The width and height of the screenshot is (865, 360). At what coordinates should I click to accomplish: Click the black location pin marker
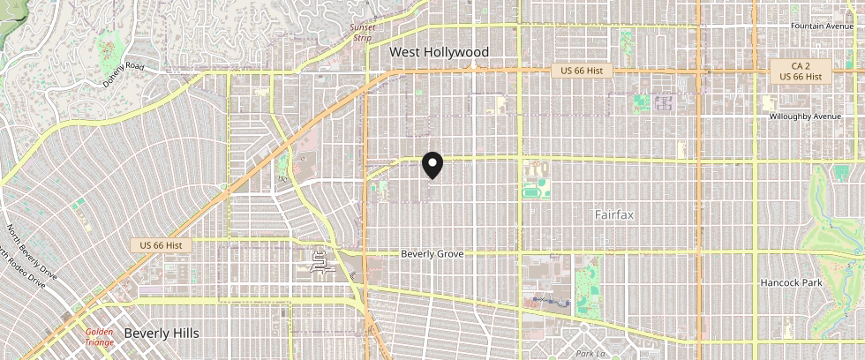tap(432, 166)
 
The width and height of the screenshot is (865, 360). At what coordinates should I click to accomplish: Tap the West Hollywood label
tap(440, 53)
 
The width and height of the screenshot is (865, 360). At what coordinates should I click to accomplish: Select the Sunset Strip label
tap(363, 33)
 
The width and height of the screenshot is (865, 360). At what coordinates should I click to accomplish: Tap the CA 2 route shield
tap(801, 66)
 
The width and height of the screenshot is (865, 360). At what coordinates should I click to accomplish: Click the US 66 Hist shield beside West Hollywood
tap(582, 71)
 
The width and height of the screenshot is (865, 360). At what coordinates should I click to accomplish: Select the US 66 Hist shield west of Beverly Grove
tap(161, 244)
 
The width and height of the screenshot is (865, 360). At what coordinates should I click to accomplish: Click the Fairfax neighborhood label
tap(614, 214)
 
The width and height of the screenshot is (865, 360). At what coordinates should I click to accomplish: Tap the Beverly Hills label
tap(162, 334)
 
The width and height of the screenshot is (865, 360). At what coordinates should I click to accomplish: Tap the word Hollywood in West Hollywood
tap(456, 53)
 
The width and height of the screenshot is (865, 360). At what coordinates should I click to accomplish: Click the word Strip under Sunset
tap(363, 38)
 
